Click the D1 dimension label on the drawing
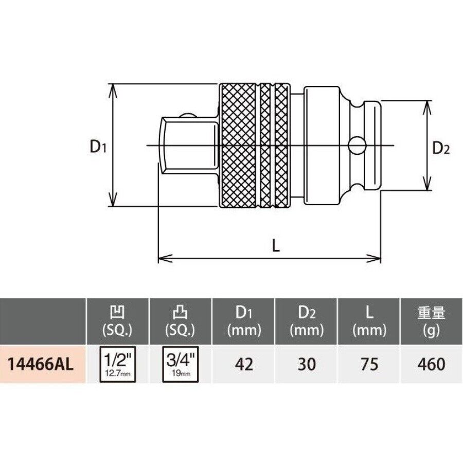tap(97, 147)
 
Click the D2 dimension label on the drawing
tap(441, 149)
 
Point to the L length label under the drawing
tap(276, 246)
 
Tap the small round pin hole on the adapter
tap(356, 146)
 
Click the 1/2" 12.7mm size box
tap(118, 364)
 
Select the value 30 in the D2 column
tap(307, 364)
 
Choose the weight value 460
tap(432, 364)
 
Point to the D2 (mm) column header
tap(307, 320)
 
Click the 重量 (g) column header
tap(432, 320)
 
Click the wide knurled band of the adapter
tap(238, 146)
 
